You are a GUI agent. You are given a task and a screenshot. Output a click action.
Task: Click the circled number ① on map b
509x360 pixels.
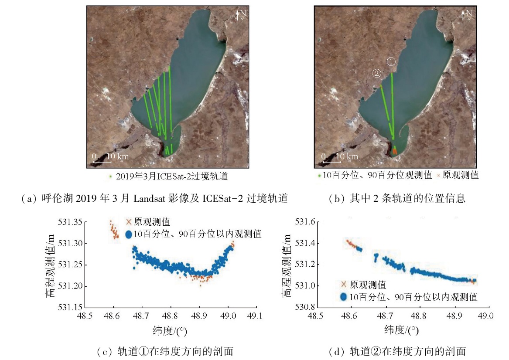click(x=391, y=62)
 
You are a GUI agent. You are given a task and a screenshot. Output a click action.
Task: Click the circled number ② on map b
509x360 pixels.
click(x=376, y=73)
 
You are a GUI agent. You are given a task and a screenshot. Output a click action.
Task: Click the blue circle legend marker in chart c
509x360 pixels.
click(x=129, y=234)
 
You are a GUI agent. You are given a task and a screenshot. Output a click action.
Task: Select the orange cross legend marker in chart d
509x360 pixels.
click(x=343, y=285)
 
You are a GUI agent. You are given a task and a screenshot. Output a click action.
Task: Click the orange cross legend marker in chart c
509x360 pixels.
click(x=129, y=222)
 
